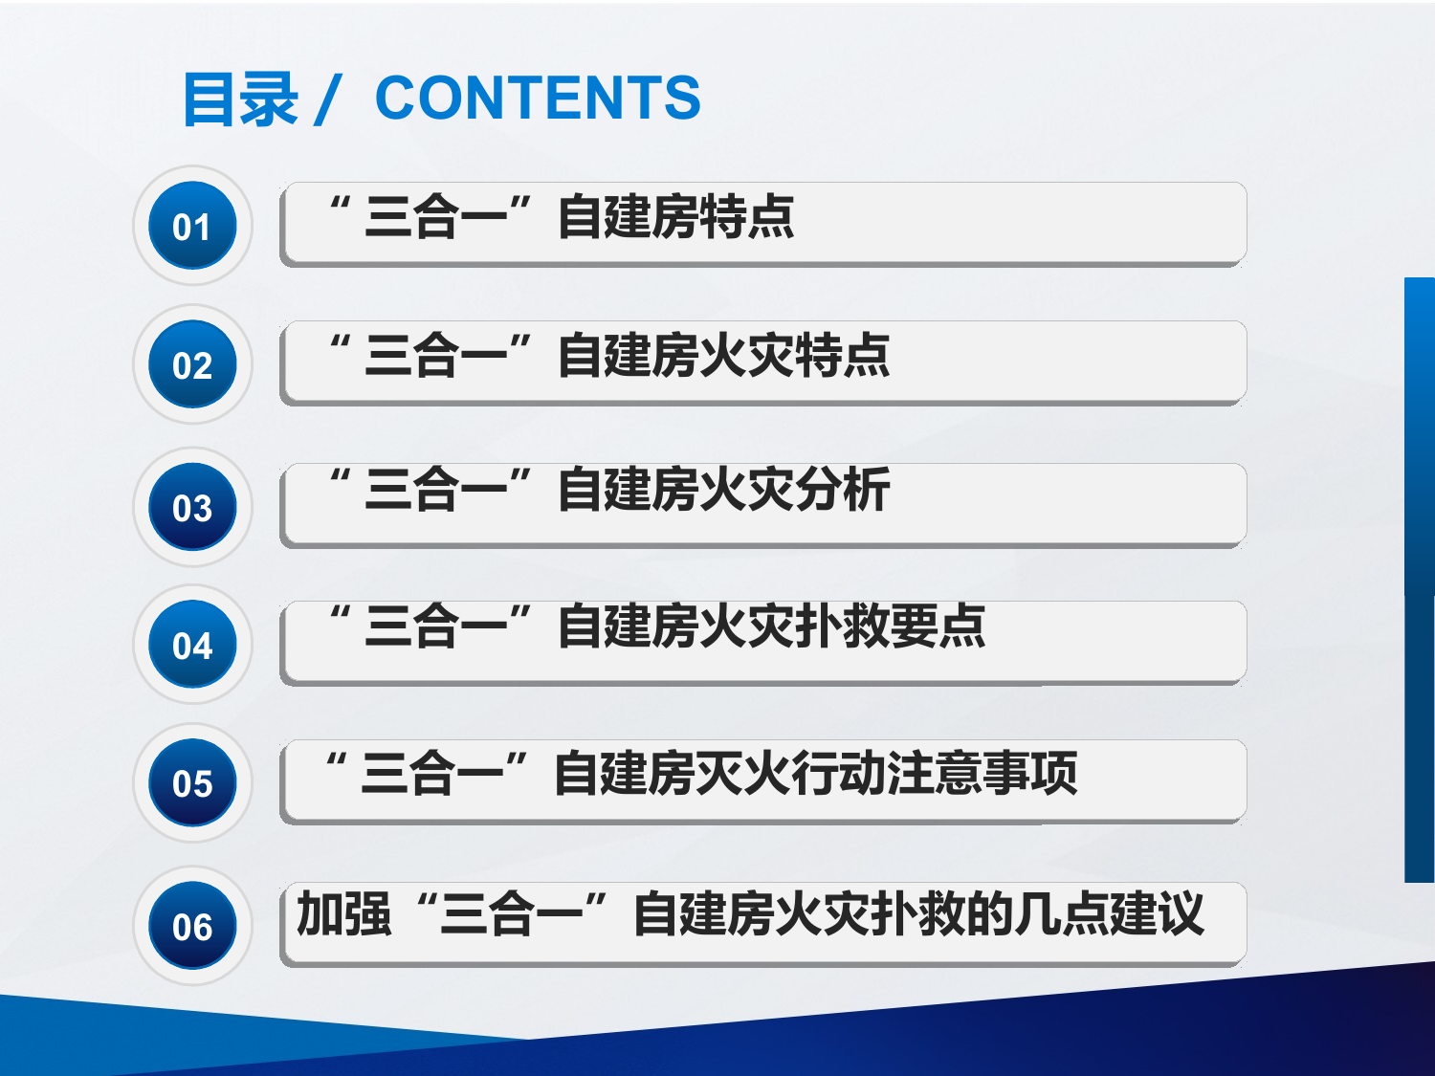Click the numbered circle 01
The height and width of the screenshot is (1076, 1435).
(x=192, y=226)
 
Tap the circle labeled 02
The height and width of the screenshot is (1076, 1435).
(x=192, y=364)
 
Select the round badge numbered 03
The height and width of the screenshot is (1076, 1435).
(x=192, y=507)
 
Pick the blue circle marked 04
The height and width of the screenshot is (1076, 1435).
(x=192, y=645)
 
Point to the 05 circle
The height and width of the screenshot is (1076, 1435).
(x=192, y=782)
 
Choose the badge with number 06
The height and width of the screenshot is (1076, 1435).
(x=192, y=925)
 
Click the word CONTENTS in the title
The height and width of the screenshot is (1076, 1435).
(x=538, y=98)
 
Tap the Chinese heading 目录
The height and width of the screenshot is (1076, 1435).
(x=240, y=99)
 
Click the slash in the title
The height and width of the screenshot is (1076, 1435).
(x=327, y=99)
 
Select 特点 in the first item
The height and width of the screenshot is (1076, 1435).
(x=747, y=216)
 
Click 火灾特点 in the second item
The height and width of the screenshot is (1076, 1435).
(x=794, y=355)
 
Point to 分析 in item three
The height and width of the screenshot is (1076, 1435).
(x=842, y=490)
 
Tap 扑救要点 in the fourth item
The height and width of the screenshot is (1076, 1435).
(x=890, y=626)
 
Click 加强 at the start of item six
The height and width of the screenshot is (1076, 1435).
(x=343, y=913)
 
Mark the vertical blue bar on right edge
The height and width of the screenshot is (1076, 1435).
(x=1419, y=579)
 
